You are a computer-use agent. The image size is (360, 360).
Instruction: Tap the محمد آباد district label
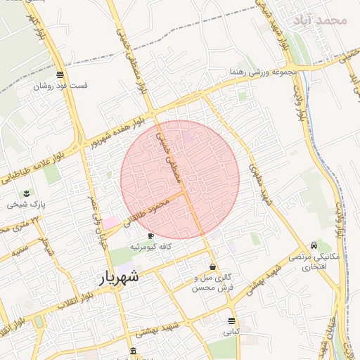[x=323, y=20]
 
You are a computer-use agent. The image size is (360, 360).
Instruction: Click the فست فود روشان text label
[x=60, y=86]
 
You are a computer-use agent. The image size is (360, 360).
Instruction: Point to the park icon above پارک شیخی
[x=27, y=193]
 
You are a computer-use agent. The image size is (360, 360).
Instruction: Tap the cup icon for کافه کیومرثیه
[x=151, y=236]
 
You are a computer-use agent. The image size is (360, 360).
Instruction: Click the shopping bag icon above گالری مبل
[x=212, y=266]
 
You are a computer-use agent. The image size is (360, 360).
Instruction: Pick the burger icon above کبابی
[x=232, y=321]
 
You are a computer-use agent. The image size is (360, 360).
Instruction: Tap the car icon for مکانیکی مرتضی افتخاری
[x=314, y=245]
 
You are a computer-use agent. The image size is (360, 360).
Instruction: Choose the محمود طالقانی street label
[x=147, y=212]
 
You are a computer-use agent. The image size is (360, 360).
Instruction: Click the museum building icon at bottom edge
[x=133, y=352]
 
